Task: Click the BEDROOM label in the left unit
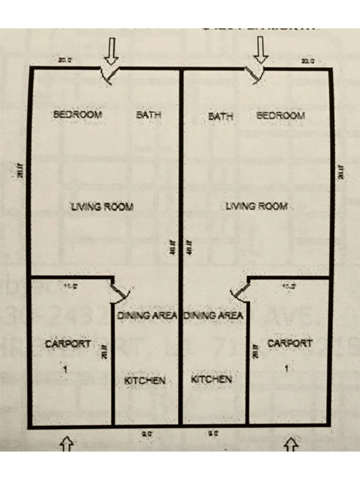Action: pos(78,114)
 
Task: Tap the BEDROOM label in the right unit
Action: pos(280,116)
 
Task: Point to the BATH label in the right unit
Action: pos(221,117)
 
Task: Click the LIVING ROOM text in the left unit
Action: pos(102,207)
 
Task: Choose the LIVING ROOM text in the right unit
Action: pos(256,206)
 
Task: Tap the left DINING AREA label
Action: pos(147,315)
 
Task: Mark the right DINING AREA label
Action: pos(213,315)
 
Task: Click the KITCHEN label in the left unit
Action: pos(145,380)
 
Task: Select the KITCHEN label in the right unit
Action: pos(211,379)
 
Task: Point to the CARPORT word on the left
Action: pos(68,344)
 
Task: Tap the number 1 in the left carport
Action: pos(65,369)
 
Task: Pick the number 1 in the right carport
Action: pos(287,368)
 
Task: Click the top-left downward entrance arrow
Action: pos(111,51)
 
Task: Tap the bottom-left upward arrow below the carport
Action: pos(67,444)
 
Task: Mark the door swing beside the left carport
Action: pos(120,294)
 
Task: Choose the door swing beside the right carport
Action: pos(240,293)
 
